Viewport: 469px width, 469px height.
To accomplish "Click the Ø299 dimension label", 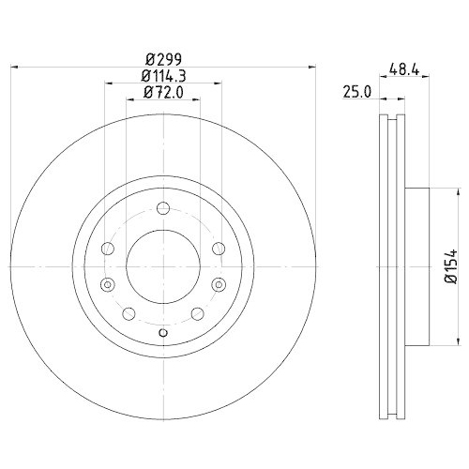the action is click(164, 59).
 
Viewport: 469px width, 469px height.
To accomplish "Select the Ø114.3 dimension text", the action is click(163, 76).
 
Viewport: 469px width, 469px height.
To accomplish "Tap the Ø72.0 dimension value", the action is click(163, 93).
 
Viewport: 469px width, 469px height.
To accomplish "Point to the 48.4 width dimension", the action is click(404, 68).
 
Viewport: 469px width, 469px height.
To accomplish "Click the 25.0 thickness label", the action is click(356, 93).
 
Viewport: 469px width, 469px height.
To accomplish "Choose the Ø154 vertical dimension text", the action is click(451, 266).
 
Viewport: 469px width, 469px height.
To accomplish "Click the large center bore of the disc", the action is click(163, 266).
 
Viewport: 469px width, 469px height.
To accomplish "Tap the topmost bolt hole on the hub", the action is click(163, 208).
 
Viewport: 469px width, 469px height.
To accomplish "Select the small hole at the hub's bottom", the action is click(163, 333).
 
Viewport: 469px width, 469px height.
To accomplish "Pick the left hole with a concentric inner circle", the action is click(108, 284).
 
